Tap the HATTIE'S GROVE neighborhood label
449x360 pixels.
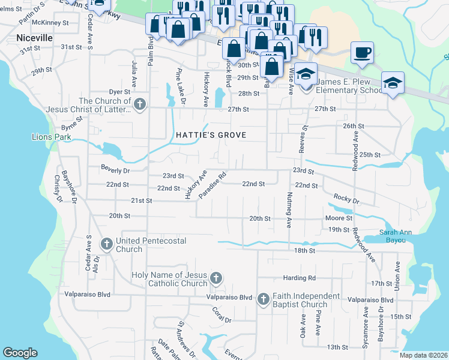(x=211, y=135)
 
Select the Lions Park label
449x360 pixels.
(x=51, y=137)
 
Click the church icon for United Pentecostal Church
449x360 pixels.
(x=107, y=244)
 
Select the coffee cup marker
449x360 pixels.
(x=362, y=52)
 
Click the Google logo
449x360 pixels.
(x=20, y=353)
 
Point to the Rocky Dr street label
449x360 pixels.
(x=347, y=199)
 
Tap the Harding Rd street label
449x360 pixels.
(x=300, y=278)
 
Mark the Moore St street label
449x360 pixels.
(x=339, y=218)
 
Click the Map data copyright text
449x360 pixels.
(x=423, y=355)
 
